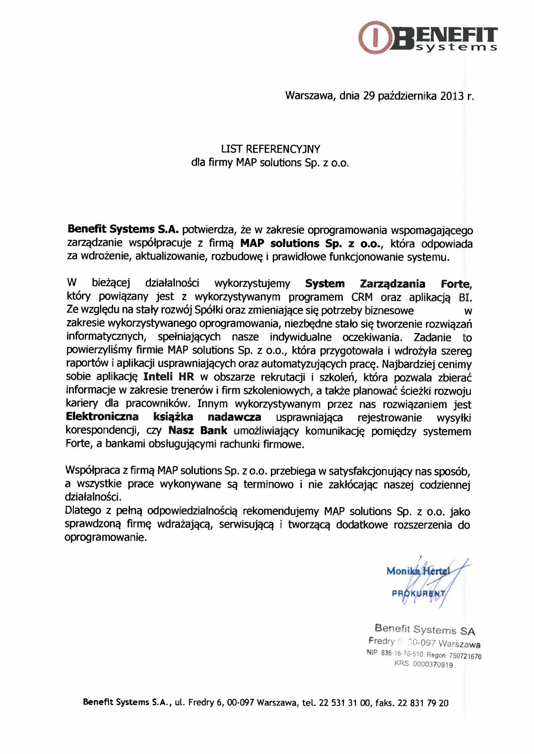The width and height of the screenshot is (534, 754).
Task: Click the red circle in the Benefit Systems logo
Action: (375, 37)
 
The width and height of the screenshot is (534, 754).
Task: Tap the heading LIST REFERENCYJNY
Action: (270, 149)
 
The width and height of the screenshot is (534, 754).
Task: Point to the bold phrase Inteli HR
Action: (169, 376)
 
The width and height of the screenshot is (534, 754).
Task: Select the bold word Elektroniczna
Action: (102, 417)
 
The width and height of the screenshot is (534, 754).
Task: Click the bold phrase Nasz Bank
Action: (198, 430)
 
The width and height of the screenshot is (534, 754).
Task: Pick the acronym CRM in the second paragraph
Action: (362, 297)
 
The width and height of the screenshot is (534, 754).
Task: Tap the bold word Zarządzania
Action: (393, 284)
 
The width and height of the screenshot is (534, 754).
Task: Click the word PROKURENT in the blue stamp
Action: (419, 593)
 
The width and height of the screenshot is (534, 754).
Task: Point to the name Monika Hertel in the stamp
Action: (418, 571)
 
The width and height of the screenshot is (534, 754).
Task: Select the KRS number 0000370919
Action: (433, 665)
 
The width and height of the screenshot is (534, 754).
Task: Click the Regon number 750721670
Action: (465, 656)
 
